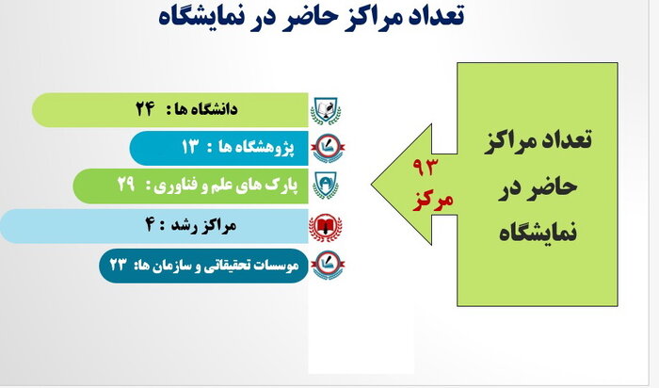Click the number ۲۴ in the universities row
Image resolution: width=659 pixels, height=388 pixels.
pyautogui.click(x=144, y=109)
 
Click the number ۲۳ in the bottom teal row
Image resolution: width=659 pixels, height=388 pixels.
pyautogui.click(x=118, y=266)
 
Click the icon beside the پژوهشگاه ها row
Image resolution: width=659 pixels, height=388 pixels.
pyautogui.click(x=326, y=147)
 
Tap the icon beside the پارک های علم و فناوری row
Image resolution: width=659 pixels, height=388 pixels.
pyautogui.click(x=325, y=186)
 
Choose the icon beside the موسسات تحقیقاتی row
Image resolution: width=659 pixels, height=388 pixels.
pyautogui.click(x=326, y=265)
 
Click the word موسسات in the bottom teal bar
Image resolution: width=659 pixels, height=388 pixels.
pyautogui.click(x=273, y=266)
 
